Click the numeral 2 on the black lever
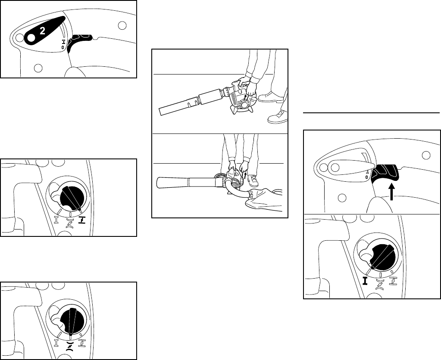tap(42, 31)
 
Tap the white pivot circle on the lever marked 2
tap(31, 37)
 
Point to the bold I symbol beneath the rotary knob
tap(365, 281)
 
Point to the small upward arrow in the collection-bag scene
tap(246, 176)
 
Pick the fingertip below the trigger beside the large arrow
tap(377, 205)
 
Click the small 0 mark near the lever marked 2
tap(63, 47)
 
